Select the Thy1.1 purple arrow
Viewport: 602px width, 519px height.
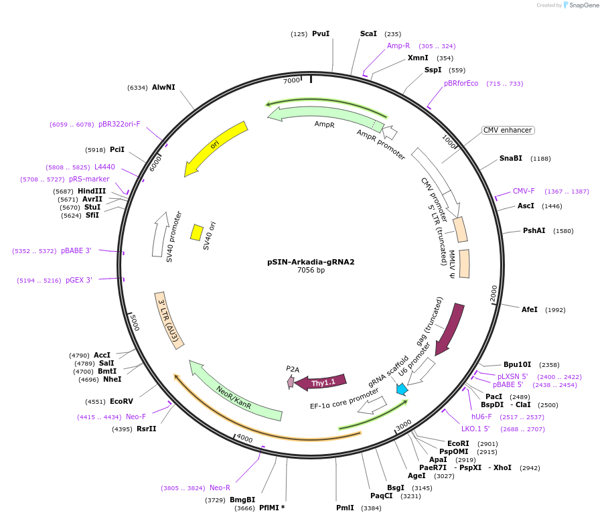tap(321, 382)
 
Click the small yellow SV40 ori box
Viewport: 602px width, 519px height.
tap(197, 232)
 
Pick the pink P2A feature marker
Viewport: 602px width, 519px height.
tap(291, 382)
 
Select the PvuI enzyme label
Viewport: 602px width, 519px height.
tap(321, 34)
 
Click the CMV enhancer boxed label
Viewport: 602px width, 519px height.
tap(508, 130)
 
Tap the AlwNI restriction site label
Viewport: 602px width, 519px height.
tap(163, 88)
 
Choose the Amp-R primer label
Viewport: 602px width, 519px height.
tap(398, 46)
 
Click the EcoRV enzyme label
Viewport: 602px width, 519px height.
tap(122, 402)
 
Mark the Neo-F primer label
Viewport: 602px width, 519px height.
tap(136, 417)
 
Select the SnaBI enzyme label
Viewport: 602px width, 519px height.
tap(511, 159)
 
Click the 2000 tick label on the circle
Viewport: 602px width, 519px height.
tap(494, 293)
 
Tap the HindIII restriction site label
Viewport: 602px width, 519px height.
tap(92, 191)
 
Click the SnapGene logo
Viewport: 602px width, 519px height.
tap(581, 5)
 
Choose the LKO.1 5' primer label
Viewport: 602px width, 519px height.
tap(475, 429)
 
